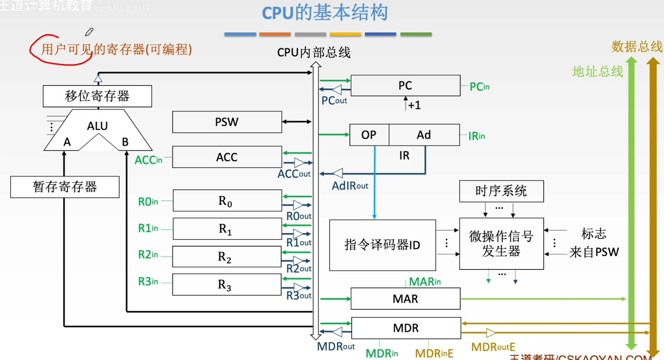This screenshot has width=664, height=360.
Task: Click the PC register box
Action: click(x=405, y=86)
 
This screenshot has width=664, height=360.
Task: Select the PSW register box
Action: click(x=227, y=122)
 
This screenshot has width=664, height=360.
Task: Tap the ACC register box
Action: click(x=227, y=157)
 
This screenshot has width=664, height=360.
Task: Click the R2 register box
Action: click(x=227, y=257)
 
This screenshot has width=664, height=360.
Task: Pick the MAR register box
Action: click(x=405, y=299)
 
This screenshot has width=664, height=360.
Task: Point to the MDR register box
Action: click(x=405, y=328)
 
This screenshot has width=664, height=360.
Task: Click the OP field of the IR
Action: click(x=369, y=135)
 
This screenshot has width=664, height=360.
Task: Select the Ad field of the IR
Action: click(x=424, y=135)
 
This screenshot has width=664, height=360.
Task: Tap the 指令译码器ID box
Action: click(x=382, y=245)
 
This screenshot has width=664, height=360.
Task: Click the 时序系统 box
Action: click(x=501, y=191)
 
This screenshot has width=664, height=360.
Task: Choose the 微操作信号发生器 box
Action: click(x=501, y=244)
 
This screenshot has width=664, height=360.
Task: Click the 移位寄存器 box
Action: click(x=97, y=97)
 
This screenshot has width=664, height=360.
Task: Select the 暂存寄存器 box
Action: click(x=65, y=187)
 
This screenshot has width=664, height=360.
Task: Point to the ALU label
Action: click(x=97, y=126)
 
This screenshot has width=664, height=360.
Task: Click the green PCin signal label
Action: click(x=480, y=86)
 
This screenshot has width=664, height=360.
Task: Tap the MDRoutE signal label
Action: click(x=493, y=347)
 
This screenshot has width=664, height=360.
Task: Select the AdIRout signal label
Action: click(x=350, y=185)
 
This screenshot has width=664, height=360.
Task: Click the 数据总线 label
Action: click(x=637, y=47)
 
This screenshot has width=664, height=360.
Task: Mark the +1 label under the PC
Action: click(x=414, y=105)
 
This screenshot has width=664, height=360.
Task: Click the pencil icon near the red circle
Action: click(x=89, y=32)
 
